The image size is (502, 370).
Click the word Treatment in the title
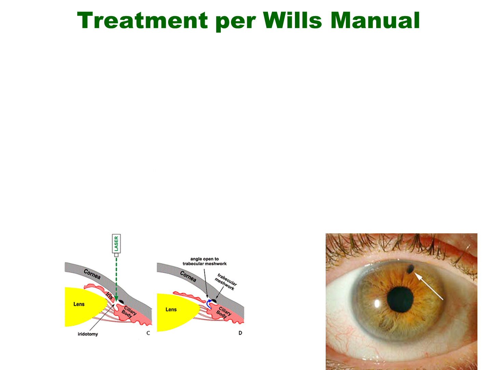tap(142, 20)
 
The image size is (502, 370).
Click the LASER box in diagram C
tap(116, 244)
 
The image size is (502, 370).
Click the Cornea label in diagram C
tap(92, 274)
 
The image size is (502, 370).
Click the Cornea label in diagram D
tap(188, 276)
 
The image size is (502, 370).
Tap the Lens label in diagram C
tap(79, 304)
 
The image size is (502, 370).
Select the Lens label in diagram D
tap(171, 310)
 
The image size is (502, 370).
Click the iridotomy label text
tap(87, 334)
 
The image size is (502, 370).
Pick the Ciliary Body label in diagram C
tap(128, 312)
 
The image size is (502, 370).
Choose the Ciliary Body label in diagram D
tap(223, 312)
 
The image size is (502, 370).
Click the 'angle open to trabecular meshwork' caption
tap(204, 261)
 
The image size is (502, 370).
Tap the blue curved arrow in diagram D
tap(208, 304)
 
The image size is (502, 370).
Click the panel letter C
tap(148, 333)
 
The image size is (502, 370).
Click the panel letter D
tap(240, 333)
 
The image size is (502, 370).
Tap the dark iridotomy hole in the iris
tap(410, 269)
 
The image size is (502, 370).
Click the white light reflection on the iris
tap(377, 303)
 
